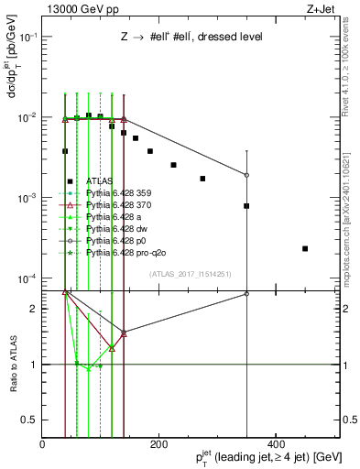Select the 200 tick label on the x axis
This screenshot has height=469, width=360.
pyautogui.click(x=158, y=444)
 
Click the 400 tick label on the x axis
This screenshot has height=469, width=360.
pyautogui.click(x=273, y=444)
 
